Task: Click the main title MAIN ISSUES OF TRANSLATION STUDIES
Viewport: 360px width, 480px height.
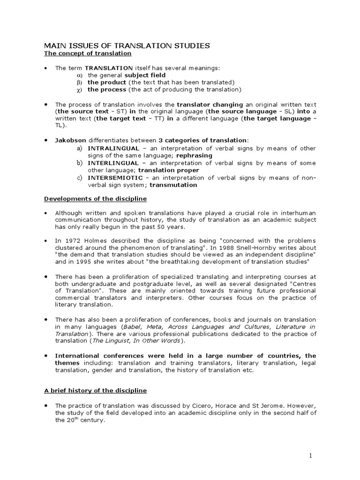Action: click(x=127, y=45)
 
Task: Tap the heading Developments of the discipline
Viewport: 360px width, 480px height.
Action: click(x=96, y=198)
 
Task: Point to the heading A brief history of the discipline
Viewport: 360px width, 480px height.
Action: click(x=96, y=390)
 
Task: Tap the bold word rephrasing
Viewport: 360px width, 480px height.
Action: click(x=193, y=155)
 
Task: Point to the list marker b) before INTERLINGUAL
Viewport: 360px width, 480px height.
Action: click(x=79, y=163)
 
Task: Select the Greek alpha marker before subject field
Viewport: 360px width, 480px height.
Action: click(x=79, y=75)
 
